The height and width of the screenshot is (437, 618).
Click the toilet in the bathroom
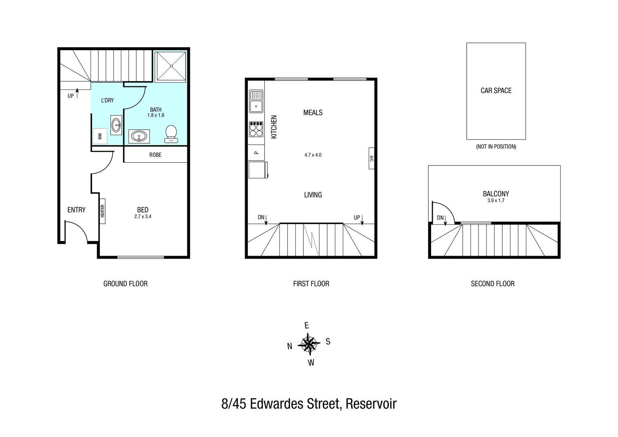click(x=171, y=134)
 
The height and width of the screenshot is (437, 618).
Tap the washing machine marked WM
click(x=99, y=136)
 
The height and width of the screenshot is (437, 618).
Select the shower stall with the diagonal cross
click(x=171, y=66)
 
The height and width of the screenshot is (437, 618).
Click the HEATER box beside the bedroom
click(x=102, y=211)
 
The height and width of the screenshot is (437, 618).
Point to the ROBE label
click(x=155, y=155)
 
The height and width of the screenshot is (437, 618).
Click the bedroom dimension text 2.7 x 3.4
click(x=143, y=217)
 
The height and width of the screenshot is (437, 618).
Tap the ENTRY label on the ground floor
click(x=76, y=210)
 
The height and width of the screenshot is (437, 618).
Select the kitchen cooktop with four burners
click(x=256, y=129)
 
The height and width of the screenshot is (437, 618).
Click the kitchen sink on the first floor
click(x=256, y=101)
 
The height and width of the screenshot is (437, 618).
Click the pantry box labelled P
click(x=256, y=153)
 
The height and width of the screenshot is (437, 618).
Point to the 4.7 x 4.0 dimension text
click(x=313, y=155)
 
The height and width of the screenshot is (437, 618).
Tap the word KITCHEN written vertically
click(x=274, y=127)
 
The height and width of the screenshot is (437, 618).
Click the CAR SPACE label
click(x=496, y=91)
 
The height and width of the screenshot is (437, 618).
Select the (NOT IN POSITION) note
click(x=496, y=146)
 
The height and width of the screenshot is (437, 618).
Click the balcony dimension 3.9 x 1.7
click(x=496, y=201)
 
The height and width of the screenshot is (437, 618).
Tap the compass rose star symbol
click(x=309, y=344)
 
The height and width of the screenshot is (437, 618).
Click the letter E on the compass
click(x=306, y=326)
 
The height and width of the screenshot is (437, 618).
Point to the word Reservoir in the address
click(x=371, y=404)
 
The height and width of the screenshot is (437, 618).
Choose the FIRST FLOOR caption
click(x=311, y=284)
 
